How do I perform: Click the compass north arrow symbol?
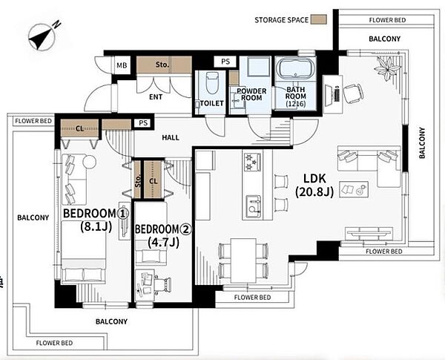click(42, 36)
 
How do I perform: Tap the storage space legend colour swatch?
click(319, 19)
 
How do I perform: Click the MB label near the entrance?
click(122, 65)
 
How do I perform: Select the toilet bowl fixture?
click(211, 82)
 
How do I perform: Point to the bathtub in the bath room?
click(296, 69)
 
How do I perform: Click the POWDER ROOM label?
click(251, 94)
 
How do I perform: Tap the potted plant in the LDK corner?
click(387, 68)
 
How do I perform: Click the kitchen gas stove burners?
click(253, 162)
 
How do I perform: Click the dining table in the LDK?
click(243, 261)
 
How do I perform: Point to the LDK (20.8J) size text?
click(314, 186)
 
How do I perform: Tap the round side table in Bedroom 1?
click(90, 162)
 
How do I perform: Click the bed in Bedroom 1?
click(83, 252)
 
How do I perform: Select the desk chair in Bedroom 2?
click(163, 284)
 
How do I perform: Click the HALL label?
click(171, 138)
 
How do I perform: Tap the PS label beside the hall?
click(143, 123)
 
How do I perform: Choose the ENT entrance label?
click(156, 97)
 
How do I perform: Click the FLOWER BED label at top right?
click(387, 20)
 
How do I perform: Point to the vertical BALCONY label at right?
click(422, 143)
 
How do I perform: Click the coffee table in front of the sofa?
click(354, 189)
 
